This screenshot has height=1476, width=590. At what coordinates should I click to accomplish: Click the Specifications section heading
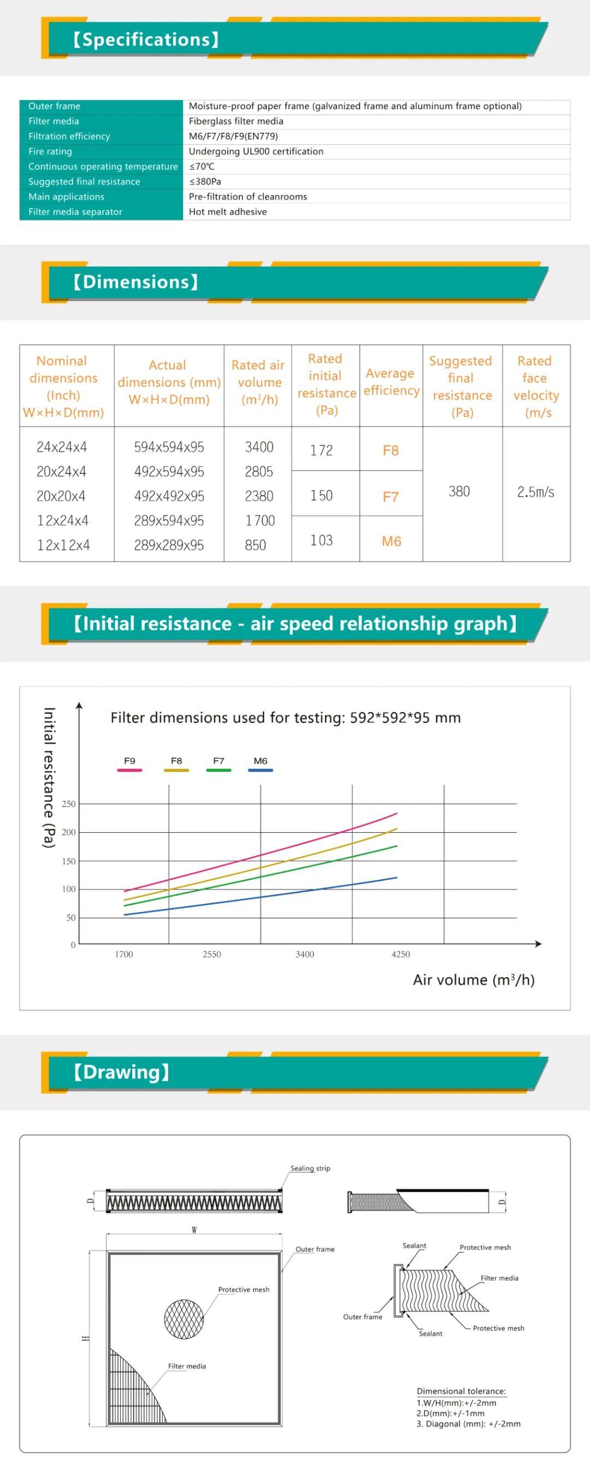145,39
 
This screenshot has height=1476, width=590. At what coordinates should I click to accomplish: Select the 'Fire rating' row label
50,151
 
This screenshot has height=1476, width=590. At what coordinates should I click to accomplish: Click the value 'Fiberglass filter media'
236,121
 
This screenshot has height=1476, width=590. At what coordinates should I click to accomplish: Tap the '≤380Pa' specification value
205,181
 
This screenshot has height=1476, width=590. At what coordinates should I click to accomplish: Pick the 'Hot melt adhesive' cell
228,212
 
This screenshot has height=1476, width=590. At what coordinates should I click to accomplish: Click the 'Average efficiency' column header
391,382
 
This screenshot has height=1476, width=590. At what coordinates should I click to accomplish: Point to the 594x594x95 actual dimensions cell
169,447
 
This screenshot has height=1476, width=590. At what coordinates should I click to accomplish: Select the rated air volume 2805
259,472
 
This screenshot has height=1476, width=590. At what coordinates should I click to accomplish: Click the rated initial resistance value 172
321,450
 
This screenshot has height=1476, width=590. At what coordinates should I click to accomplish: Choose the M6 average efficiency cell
391,541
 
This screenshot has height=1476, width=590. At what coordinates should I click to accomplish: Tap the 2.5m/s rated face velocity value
535,492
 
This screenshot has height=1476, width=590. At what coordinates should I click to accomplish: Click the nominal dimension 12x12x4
63,545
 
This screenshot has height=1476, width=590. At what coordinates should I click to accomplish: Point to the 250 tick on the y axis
69,804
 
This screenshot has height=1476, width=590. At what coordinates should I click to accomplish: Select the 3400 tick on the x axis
305,954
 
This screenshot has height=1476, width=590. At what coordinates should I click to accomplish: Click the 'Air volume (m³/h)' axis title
474,980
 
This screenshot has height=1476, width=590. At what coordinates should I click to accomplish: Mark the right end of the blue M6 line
397,877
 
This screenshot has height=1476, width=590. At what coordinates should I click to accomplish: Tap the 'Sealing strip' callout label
310,1168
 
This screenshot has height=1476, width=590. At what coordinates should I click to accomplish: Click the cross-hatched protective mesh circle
184,1319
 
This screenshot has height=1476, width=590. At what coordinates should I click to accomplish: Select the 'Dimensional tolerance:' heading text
461,1391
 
